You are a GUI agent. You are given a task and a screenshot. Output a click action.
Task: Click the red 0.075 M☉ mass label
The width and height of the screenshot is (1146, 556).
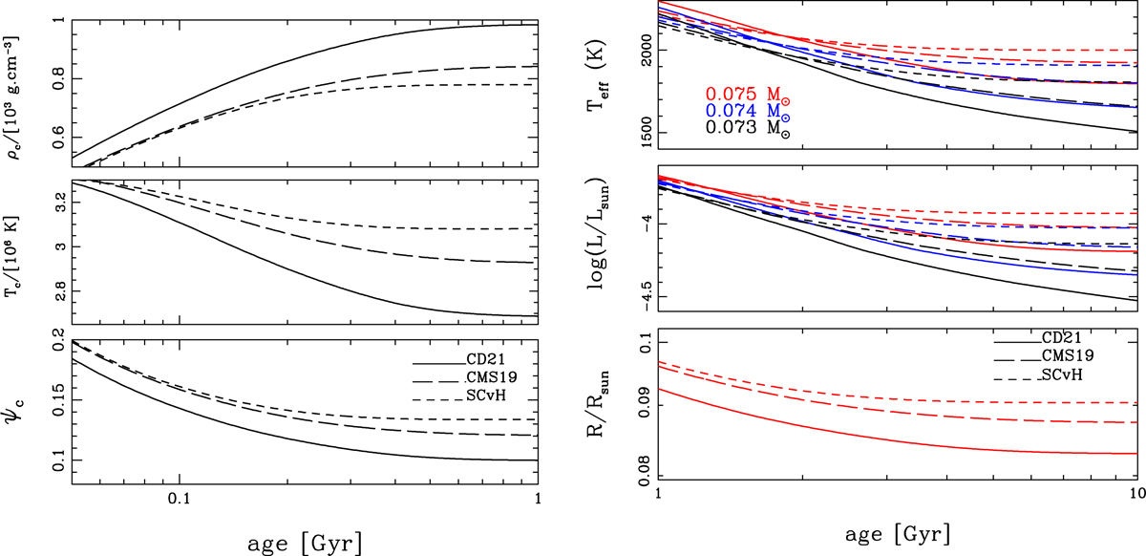(x=749, y=95)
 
